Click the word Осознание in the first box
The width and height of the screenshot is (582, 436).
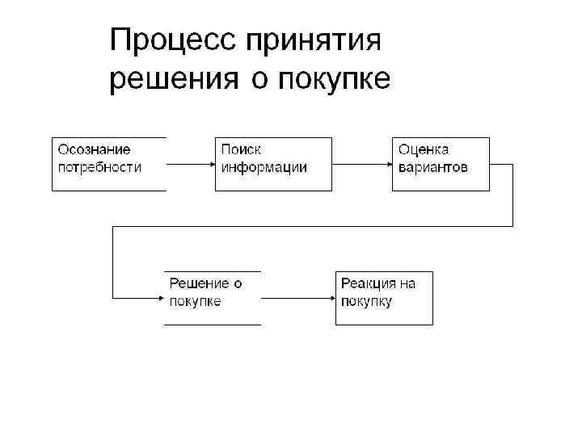[94, 149]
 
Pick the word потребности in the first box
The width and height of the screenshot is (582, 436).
[99, 167]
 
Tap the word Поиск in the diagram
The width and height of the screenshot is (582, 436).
[241, 149]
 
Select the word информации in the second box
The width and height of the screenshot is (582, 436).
[264, 167]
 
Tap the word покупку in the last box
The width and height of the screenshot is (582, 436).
[367, 301]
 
